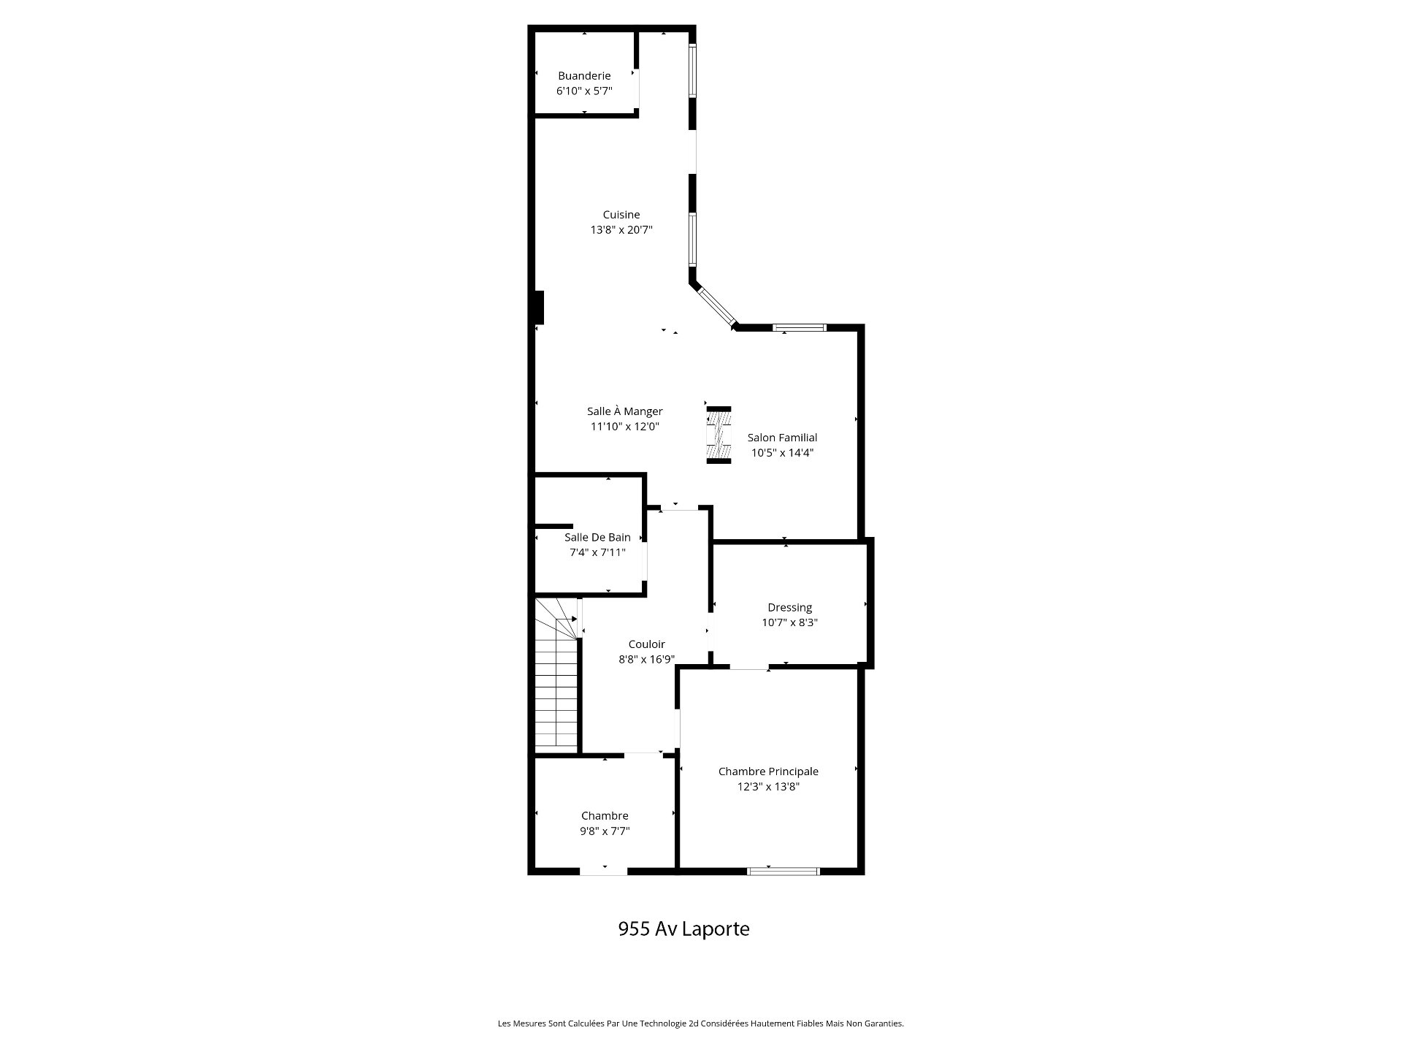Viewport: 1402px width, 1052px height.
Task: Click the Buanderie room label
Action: click(584, 76)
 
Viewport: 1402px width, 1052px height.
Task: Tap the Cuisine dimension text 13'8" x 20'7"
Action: click(621, 230)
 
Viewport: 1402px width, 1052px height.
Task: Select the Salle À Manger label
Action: click(625, 411)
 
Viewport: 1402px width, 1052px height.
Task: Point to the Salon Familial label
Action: click(782, 438)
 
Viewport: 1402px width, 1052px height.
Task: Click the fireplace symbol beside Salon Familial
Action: click(719, 435)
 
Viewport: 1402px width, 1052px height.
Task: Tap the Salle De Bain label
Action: click(597, 537)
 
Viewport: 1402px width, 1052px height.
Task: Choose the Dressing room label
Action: click(789, 608)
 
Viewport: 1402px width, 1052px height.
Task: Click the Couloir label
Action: click(647, 644)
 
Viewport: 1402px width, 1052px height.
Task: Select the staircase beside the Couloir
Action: click(557, 675)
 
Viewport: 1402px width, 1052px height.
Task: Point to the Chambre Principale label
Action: click(768, 771)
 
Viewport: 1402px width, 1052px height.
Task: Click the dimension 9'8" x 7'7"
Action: click(605, 831)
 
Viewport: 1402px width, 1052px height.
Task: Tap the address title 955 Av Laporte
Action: click(683, 929)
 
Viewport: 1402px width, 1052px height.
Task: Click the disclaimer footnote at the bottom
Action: click(701, 1024)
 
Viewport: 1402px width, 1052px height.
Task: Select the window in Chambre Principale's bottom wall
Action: click(784, 871)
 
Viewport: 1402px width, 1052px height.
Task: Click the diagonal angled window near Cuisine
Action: click(716, 307)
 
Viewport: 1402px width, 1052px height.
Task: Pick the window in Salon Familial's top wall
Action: click(800, 327)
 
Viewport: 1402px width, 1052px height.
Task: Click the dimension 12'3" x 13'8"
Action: click(768, 787)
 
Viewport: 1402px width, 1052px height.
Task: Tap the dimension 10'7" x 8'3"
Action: click(789, 623)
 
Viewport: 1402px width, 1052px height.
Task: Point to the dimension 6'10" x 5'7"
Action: click(584, 91)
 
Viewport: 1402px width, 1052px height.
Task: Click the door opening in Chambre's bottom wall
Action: click(604, 871)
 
